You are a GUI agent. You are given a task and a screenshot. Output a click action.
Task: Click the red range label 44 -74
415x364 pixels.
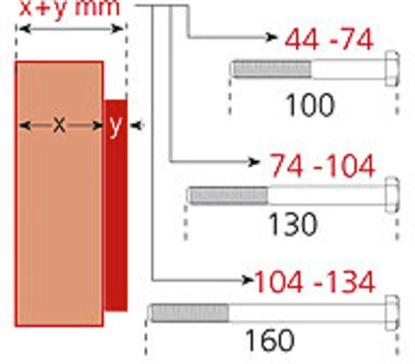click(329, 39)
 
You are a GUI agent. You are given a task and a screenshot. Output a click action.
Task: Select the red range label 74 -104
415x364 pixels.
click(322, 166)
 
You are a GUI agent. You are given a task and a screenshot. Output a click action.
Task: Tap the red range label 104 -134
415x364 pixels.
click(315, 282)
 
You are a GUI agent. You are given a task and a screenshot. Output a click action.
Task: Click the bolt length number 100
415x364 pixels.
click(310, 105)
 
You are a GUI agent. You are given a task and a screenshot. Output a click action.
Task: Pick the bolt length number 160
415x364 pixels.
click(268, 340)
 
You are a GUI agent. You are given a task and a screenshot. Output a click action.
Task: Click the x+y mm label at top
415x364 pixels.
click(69, 8)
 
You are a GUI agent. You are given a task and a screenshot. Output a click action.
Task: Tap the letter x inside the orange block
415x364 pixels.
click(59, 125)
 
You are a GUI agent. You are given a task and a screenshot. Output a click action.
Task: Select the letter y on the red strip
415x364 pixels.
click(116, 126)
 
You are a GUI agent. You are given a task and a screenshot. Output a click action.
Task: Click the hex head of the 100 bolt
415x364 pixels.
click(391, 69)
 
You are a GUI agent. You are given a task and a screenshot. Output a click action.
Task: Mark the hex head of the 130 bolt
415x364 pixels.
click(391, 195)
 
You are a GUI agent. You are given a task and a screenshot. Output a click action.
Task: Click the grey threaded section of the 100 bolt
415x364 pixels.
click(271, 69)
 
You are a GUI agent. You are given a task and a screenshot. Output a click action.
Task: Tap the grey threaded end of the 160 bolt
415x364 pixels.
click(190, 313)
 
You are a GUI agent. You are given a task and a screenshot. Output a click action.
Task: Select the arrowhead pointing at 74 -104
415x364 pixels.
click(254, 162)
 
